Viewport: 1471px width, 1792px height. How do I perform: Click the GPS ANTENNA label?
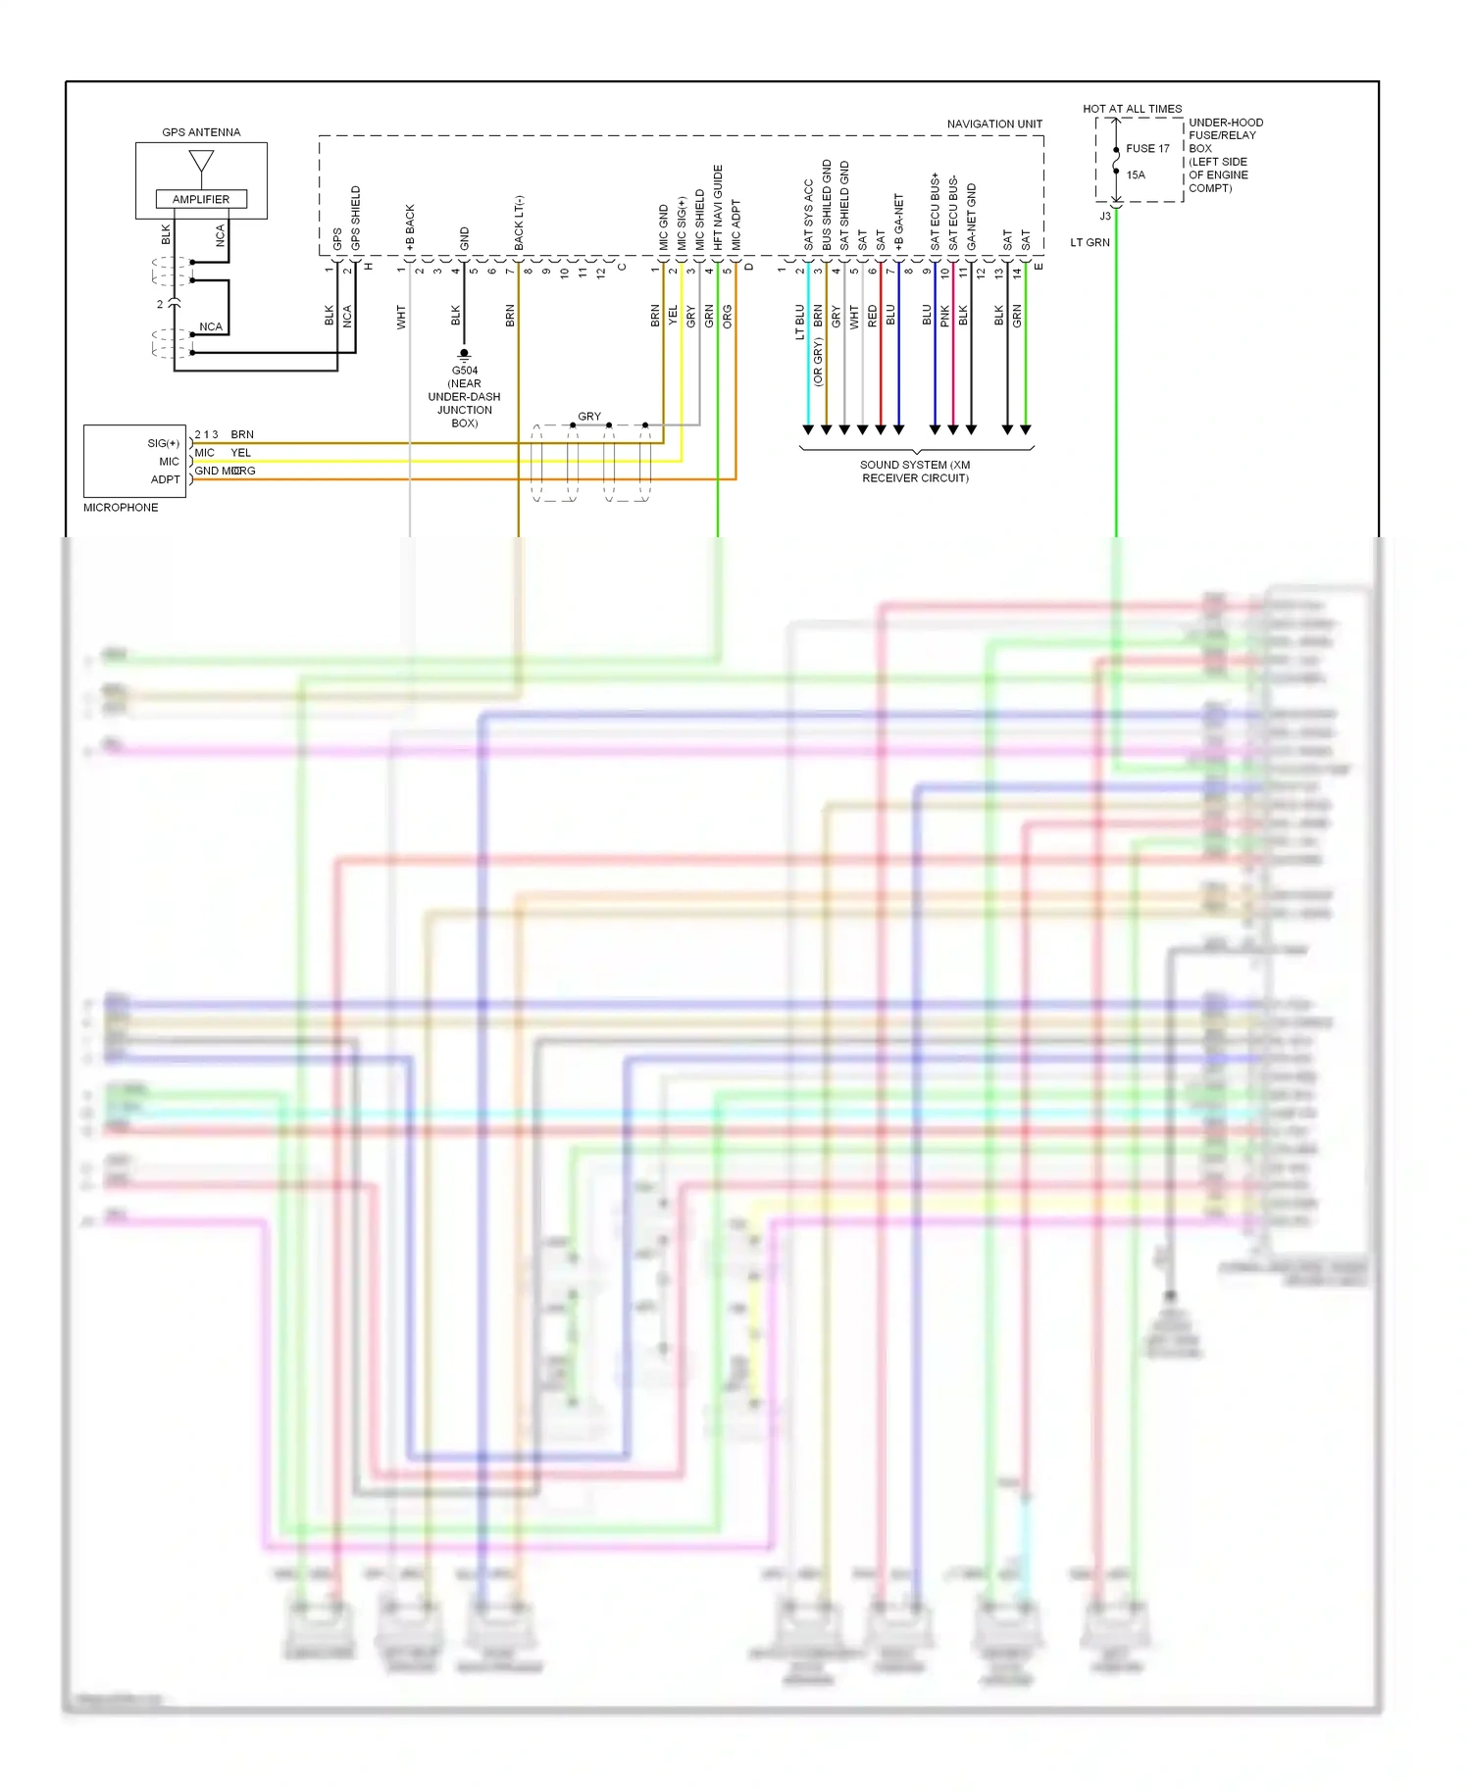(201, 132)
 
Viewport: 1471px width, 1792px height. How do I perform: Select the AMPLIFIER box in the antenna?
(201, 199)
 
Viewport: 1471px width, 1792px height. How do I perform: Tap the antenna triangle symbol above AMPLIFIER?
(201, 162)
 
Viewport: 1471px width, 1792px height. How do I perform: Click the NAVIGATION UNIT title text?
(993, 124)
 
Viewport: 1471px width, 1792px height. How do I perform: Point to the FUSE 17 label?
(1147, 149)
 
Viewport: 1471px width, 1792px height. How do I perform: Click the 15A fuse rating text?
(1136, 175)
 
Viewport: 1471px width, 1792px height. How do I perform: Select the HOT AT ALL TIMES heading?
(1132, 109)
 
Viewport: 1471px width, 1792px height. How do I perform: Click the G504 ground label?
(464, 371)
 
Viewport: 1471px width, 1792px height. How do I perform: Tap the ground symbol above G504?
(464, 355)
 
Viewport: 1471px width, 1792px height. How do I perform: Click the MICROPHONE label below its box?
(121, 508)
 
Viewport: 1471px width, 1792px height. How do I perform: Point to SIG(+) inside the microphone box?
(163, 443)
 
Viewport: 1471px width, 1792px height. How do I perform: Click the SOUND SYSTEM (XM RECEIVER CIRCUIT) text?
(915, 472)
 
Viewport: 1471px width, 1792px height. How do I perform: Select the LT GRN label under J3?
(1090, 242)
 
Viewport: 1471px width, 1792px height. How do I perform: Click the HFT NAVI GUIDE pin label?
(718, 207)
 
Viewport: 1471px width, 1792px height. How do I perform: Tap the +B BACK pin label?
(410, 227)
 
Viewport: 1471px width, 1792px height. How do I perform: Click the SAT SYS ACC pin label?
(808, 214)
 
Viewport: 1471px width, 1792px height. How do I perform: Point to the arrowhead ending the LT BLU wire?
(808, 430)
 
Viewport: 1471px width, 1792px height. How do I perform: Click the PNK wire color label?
(945, 316)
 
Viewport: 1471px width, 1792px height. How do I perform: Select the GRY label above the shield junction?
(588, 417)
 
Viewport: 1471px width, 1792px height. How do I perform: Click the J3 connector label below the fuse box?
(1105, 217)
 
